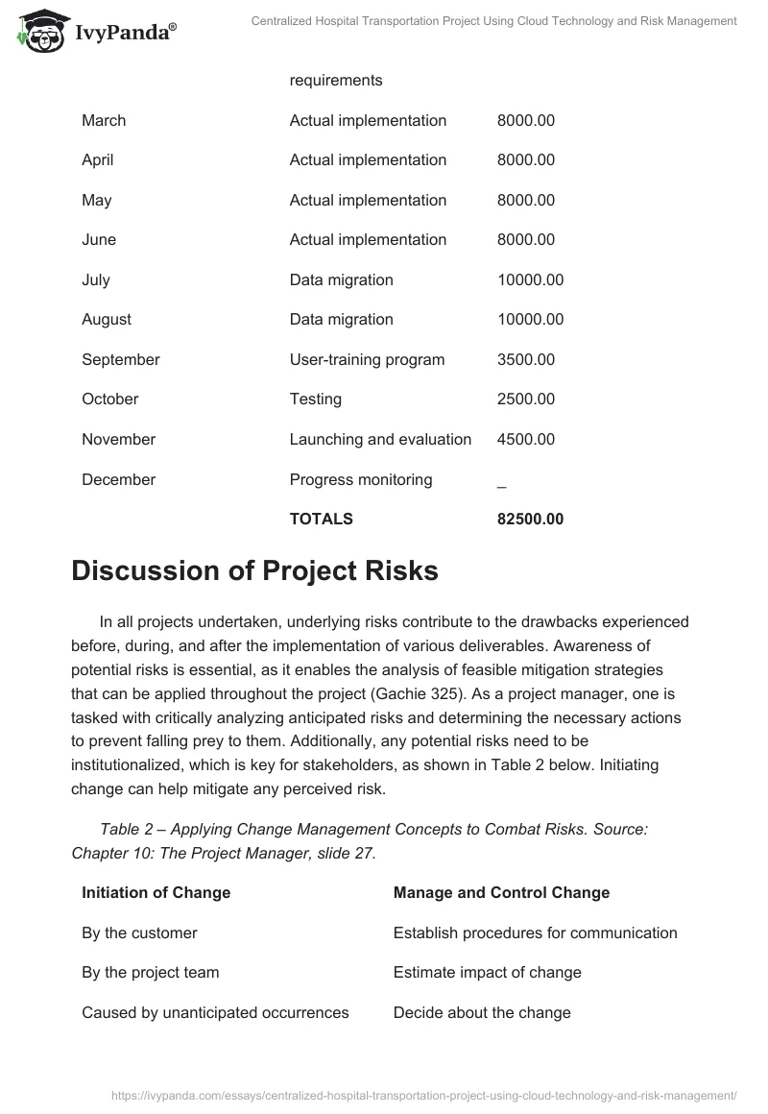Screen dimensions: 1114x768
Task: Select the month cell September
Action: point(120,359)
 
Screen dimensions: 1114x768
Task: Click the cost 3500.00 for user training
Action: point(525,359)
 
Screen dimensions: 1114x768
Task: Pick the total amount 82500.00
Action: point(530,519)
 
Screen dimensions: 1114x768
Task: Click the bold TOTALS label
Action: point(321,519)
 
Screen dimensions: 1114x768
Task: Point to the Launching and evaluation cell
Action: point(380,439)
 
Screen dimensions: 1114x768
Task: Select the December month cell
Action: point(118,479)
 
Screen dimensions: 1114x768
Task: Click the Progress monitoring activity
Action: point(360,479)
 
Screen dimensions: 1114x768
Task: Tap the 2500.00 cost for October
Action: point(525,399)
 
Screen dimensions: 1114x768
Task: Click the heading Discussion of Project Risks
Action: point(254,570)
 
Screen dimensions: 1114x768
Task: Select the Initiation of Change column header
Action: point(156,892)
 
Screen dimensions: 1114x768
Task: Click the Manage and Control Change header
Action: point(501,892)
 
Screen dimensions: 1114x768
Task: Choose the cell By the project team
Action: point(150,972)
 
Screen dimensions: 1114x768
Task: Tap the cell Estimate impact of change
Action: point(487,972)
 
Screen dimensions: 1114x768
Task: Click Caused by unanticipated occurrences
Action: point(215,1012)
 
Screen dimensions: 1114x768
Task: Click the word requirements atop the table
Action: point(335,80)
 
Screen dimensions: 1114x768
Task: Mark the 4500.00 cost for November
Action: point(525,439)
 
